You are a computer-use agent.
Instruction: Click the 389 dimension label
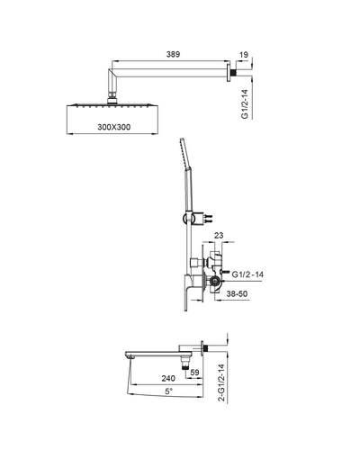pos(173,54)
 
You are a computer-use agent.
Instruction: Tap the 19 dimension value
pos(244,55)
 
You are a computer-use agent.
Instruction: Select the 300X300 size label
pos(114,127)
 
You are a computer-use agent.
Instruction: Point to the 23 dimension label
pos(219,236)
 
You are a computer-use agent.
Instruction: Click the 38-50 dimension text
pos(237,293)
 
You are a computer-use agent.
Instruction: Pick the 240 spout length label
pos(168,378)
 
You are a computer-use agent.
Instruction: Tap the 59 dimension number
pos(194,373)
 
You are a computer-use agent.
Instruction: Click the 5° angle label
pos(169,391)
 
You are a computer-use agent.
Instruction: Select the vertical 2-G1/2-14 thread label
pos(221,382)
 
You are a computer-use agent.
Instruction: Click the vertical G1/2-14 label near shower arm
pos(245,103)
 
